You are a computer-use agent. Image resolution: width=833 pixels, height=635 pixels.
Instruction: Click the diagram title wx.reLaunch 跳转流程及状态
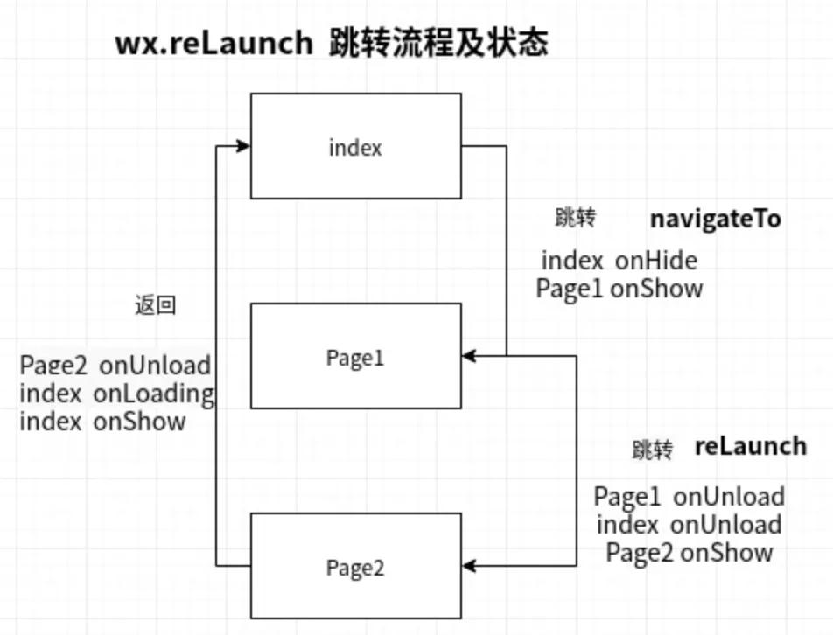332,43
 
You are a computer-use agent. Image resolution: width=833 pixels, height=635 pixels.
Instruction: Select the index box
355,146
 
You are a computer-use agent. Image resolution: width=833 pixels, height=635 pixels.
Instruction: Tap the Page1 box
355,356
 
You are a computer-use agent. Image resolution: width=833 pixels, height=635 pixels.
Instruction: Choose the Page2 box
355,566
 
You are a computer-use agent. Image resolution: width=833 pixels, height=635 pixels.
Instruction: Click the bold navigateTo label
715,219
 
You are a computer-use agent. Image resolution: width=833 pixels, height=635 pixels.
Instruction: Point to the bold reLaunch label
751,446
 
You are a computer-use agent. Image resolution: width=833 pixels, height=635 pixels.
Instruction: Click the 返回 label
155,305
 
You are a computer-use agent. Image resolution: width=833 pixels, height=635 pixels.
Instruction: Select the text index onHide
619,261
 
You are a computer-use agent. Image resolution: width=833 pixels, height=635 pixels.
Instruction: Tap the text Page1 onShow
619,289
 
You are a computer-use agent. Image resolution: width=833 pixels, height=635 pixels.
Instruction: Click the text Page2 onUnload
115,365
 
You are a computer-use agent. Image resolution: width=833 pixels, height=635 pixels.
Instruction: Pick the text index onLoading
116,394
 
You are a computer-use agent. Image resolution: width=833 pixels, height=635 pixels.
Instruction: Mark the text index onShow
102,421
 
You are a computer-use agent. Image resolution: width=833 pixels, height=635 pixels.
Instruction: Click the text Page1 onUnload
689,497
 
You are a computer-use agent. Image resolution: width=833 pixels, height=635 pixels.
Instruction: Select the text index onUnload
689,525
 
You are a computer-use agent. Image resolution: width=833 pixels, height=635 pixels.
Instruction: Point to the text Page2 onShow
689,552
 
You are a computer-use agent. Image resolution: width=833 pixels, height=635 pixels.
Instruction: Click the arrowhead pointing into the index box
242,146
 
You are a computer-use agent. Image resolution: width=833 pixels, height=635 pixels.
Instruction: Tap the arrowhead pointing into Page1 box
470,356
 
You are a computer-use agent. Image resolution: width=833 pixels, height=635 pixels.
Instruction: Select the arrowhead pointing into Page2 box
470,566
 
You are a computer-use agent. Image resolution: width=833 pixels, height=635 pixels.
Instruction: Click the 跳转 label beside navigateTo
575,218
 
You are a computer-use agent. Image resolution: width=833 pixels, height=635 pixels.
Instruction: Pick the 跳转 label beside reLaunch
653,450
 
